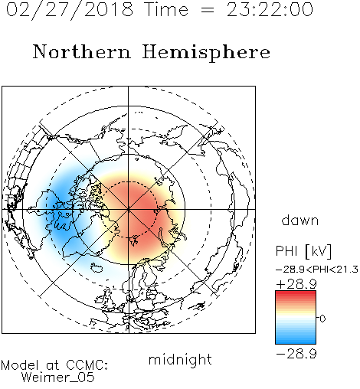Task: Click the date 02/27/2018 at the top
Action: [70, 10]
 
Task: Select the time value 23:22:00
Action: [270, 10]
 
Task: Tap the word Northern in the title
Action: [82, 51]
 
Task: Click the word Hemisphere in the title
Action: [206, 53]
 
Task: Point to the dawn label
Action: [300, 221]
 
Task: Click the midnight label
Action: [180, 360]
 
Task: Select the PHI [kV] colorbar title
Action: [303, 251]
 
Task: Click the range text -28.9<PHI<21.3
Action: [317, 270]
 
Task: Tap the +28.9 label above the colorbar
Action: [296, 284]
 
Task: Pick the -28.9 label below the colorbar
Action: [296, 354]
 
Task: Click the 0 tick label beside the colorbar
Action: [322, 319]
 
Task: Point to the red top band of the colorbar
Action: [296, 294]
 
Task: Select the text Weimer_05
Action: [58, 378]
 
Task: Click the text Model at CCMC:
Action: [54, 365]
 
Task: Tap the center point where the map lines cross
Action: [129, 209]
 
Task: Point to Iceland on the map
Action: [97, 268]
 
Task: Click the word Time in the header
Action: [166, 10]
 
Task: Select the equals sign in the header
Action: [208, 11]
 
